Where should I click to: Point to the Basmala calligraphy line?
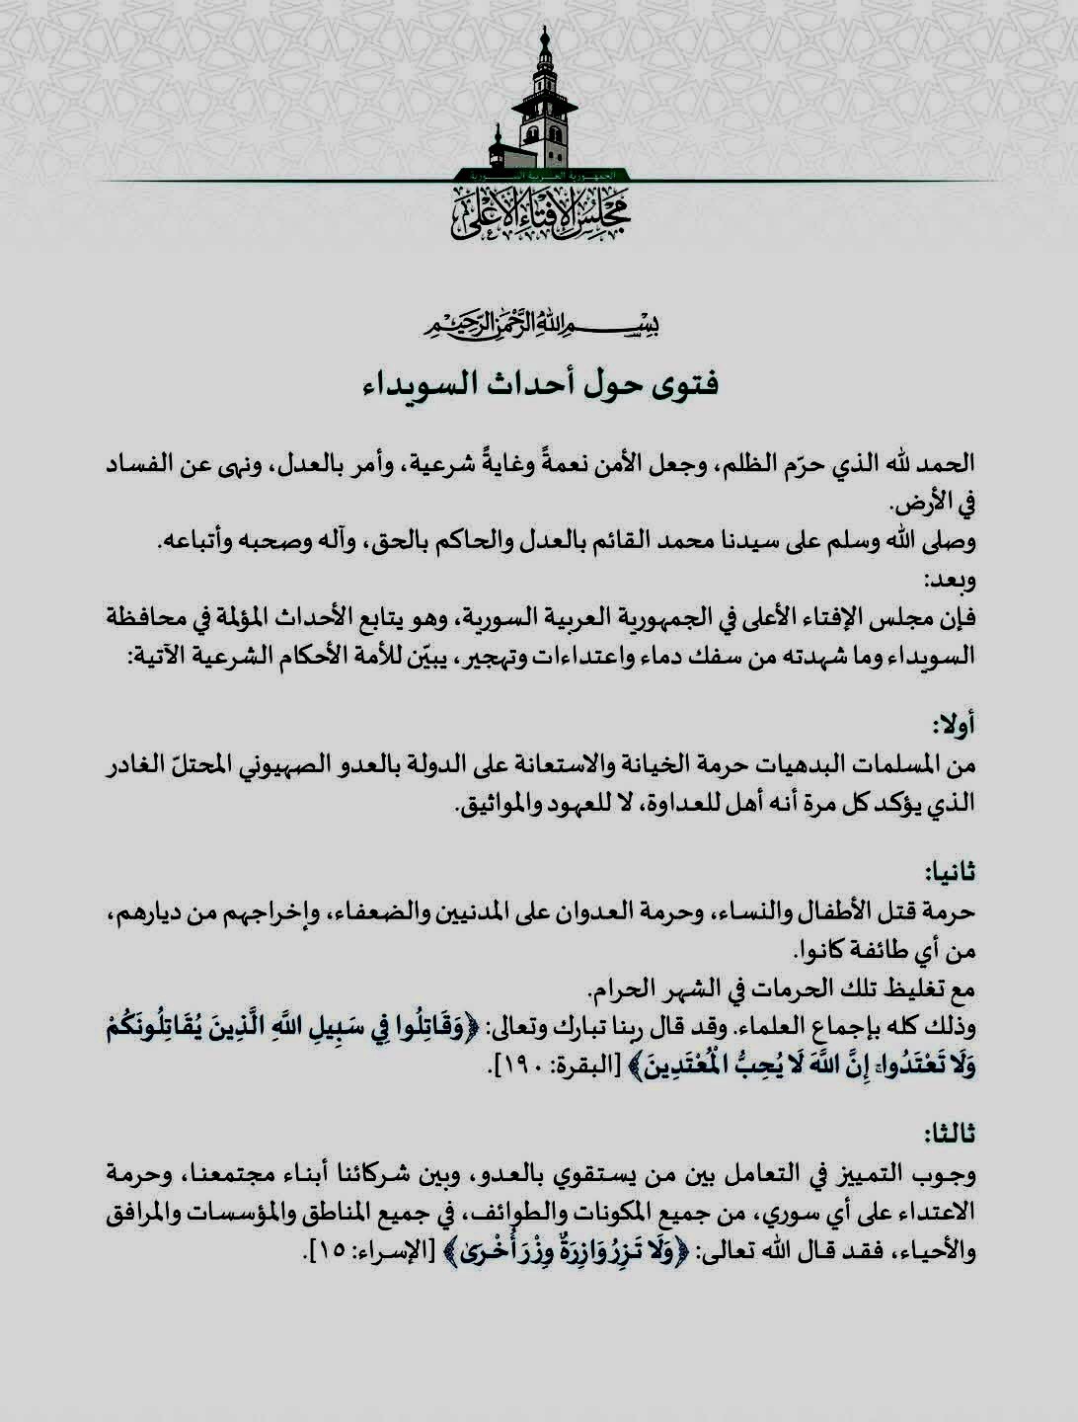tap(539, 324)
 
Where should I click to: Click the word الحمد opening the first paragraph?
tap(946, 462)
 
